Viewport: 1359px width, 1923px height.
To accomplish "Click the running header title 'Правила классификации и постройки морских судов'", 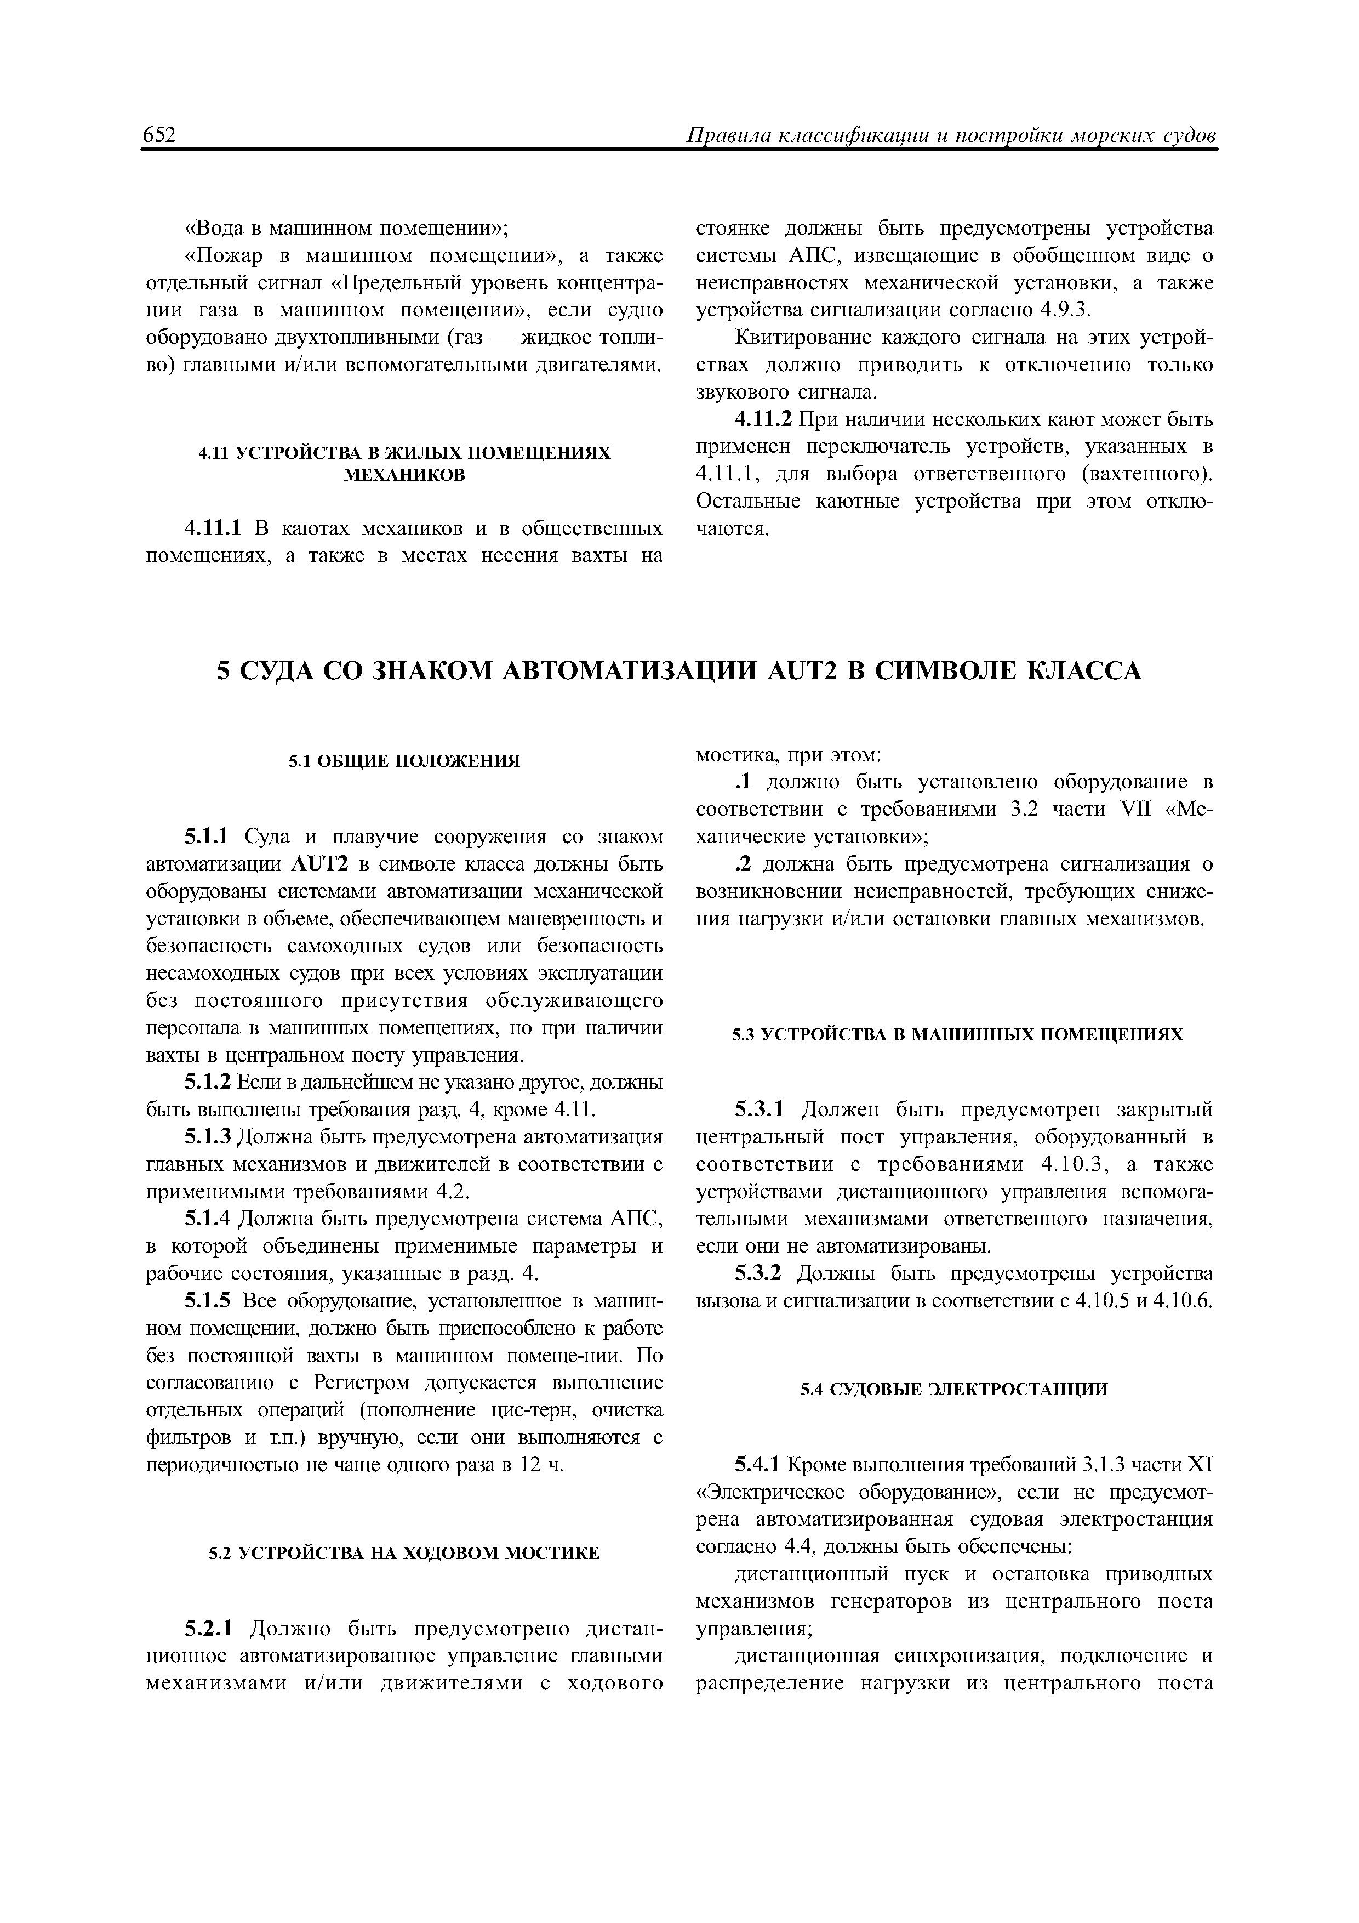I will pyautogui.click(x=950, y=136).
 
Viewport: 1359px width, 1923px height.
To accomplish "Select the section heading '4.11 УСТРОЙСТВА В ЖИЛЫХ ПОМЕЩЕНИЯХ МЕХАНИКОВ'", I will pyautogui.click(x=404, y=463).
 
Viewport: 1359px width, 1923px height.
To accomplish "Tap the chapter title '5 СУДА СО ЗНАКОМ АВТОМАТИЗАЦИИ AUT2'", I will pyautogui.click(x=679, y=671).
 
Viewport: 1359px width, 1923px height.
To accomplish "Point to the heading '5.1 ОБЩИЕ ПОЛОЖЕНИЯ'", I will pyautogui.click(x=404, y=760).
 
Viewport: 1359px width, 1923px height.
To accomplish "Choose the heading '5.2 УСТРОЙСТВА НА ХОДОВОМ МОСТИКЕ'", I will pyautogui.click(x=404, y=1553).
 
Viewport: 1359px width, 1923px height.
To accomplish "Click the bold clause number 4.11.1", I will pyautogui.click(x=213, y=530).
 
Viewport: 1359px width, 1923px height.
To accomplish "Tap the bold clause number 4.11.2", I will pyautogui.click(x=764, y=419).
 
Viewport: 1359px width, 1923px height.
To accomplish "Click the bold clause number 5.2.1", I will pyautogui.click(x=211, y=1629).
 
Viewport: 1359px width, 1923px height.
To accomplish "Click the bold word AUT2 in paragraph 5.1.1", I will pyautogui.click(x=319, y=864).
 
